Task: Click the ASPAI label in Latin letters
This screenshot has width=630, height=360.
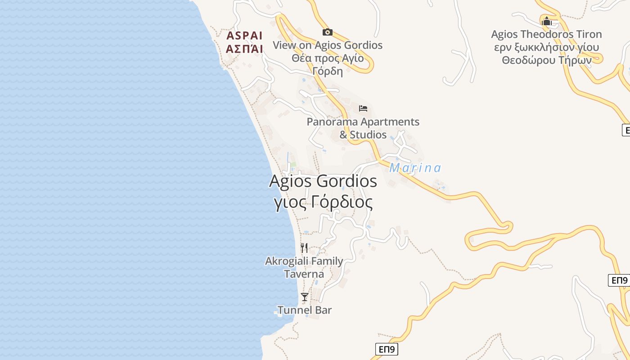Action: point(245,36)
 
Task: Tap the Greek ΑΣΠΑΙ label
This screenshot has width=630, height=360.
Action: point(245,49)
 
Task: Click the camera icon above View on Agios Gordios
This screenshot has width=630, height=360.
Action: point(328,32)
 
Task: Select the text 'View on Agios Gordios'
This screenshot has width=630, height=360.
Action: point(328,45)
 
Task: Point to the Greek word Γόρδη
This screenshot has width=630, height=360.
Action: point(328,71)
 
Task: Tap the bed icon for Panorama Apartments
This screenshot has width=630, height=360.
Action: point(363,108)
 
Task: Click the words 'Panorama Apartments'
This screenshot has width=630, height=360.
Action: point(363,121)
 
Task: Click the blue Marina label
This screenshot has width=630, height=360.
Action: point(415,168)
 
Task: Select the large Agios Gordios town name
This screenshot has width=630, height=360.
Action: point(323,181)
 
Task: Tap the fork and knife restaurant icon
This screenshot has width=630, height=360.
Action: point(304,248)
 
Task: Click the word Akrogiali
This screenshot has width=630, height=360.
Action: point(287,261)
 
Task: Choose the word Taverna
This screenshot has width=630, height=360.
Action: point(304,274)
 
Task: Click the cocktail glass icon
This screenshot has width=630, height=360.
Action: point(305,297)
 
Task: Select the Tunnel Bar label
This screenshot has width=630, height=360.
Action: point(304,310)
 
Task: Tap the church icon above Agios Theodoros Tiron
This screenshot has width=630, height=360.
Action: point(547,21)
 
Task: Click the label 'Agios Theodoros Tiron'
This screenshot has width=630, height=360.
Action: point(546,34)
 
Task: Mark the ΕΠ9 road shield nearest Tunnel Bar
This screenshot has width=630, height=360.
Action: point(387,349)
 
